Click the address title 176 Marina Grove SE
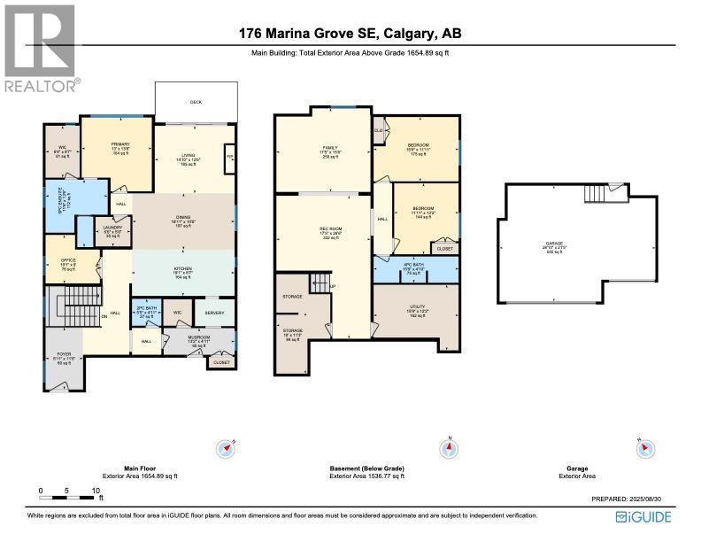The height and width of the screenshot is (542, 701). click(x=350, y=35)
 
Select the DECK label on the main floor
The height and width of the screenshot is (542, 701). click(x=196, y=103)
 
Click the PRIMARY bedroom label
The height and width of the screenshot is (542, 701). click(x=121, y=144)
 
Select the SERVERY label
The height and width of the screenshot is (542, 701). click(x=214, y=312)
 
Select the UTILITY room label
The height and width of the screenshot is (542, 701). click(x=416, y=309)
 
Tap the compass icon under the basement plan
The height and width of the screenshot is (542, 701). click(x=451, y=449)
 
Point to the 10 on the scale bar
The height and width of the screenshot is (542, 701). click(x=95, y=490)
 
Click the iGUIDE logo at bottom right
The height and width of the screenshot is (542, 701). click(x=644, y=517)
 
